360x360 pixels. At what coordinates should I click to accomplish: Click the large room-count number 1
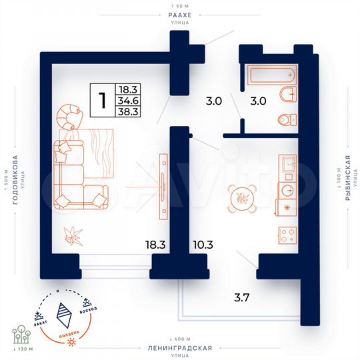point(102,101)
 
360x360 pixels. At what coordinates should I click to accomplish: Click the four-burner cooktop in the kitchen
point(287,235)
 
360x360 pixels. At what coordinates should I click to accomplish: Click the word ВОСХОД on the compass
point(88,307)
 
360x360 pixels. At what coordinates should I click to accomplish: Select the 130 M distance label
point(23,349)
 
